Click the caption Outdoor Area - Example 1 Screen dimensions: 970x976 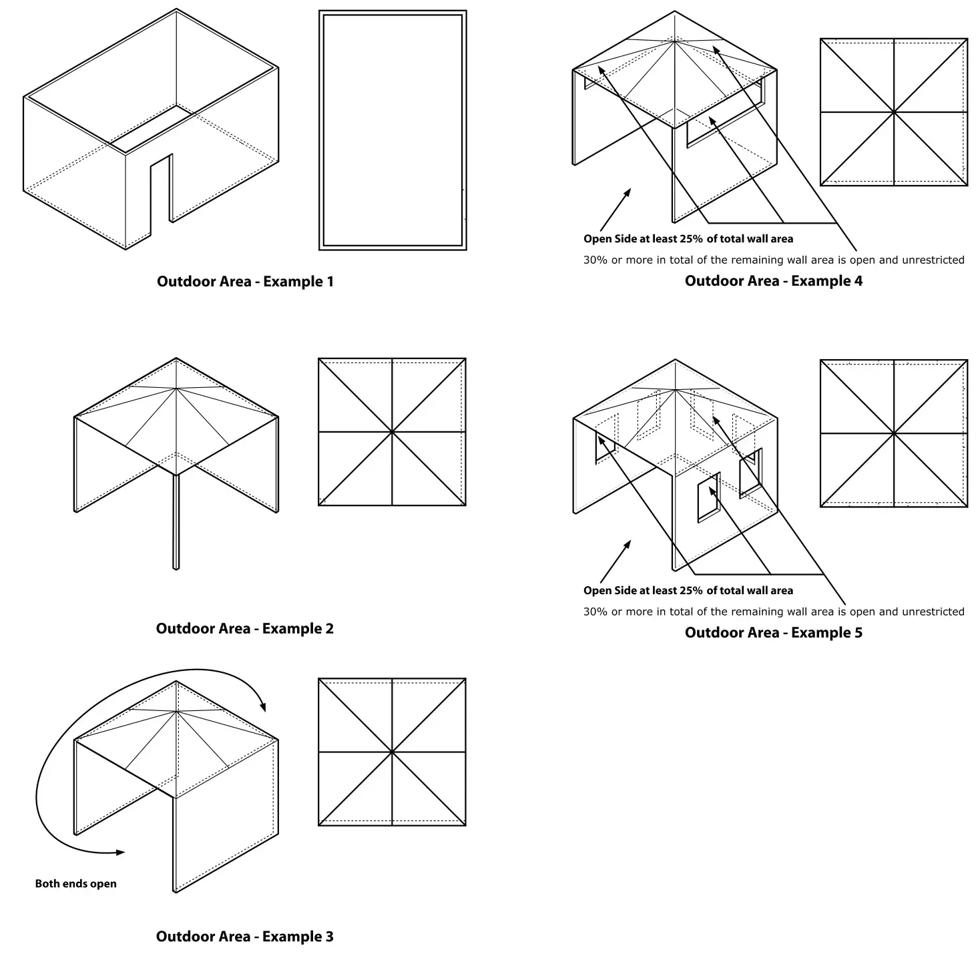pos(245,282)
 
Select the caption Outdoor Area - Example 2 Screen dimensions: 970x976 pos(244,629)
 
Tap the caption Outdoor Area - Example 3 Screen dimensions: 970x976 pos(244,937)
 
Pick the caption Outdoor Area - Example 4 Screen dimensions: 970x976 pos(773,281)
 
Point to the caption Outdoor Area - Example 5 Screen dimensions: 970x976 pos(773,633)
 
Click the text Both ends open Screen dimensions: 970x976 pos(75,884)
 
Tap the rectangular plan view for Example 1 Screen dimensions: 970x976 pos(393,130)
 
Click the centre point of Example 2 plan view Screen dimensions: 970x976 pos(392,432)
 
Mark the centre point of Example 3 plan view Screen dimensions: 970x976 pos(392,752)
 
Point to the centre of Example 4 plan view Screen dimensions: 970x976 pos(893,112)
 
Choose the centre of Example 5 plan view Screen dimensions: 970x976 pos(893,433)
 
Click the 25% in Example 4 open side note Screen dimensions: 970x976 pos(691,239)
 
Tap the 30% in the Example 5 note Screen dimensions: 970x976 pos(595,612)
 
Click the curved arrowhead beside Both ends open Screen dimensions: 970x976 pos(119,853)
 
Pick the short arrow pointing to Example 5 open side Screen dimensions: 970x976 pos(615,562)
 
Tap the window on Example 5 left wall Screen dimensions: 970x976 pos(605,448)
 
